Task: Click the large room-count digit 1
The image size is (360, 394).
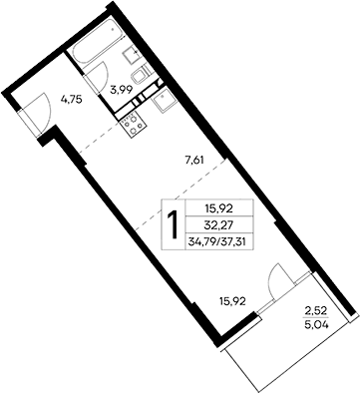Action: click(x=175, y=224)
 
